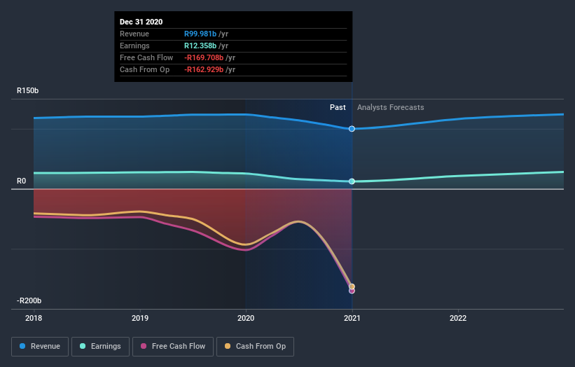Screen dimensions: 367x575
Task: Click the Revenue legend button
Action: (40, 346)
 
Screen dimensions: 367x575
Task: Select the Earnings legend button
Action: (99, 346)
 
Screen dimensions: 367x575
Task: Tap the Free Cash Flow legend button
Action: (172, 346)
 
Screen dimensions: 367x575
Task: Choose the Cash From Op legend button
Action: (255, 346)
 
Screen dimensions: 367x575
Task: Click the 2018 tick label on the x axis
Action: (34, 317)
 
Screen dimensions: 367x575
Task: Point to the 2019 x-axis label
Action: (140, 317)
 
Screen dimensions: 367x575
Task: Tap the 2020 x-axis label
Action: (246, 317)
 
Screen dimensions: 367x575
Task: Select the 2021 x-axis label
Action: (352, 317)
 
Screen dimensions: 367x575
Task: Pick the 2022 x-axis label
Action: (458, 317)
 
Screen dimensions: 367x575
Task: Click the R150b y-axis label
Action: (28, 90)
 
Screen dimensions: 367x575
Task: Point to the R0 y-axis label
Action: (22, 181)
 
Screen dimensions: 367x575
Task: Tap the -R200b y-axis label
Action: (29, 300)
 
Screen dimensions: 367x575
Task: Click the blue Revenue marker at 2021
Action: (352, 129)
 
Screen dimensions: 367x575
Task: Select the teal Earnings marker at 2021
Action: (352, 181)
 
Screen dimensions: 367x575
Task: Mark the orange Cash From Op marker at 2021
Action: (352, 286)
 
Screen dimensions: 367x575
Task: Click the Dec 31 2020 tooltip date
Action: (141, 22)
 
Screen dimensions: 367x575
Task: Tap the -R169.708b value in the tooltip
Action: (209, 58)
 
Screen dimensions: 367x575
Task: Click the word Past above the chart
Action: (338, 107)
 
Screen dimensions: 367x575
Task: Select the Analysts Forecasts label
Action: (390, 107)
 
